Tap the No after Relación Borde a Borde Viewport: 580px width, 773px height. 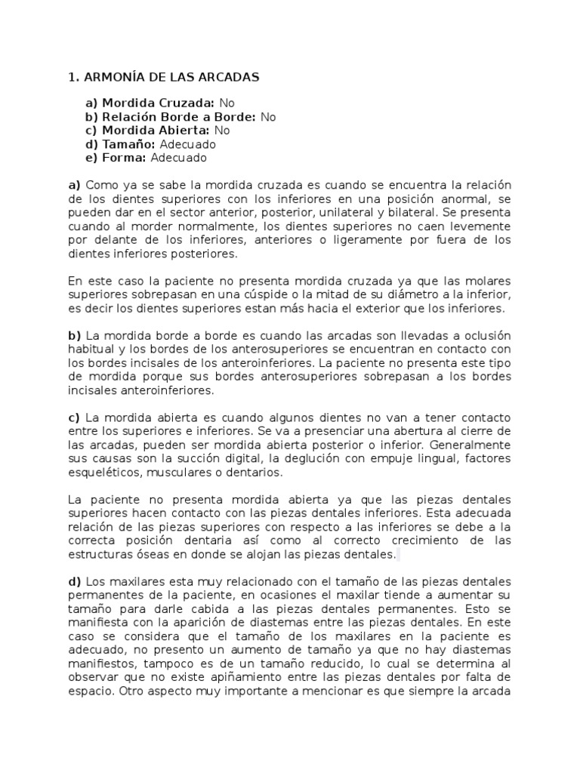pos(268,117)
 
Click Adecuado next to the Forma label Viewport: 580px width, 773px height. pos(178,158)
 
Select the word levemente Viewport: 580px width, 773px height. pos(481,226)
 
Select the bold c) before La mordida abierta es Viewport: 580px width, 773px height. pos(74,418)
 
